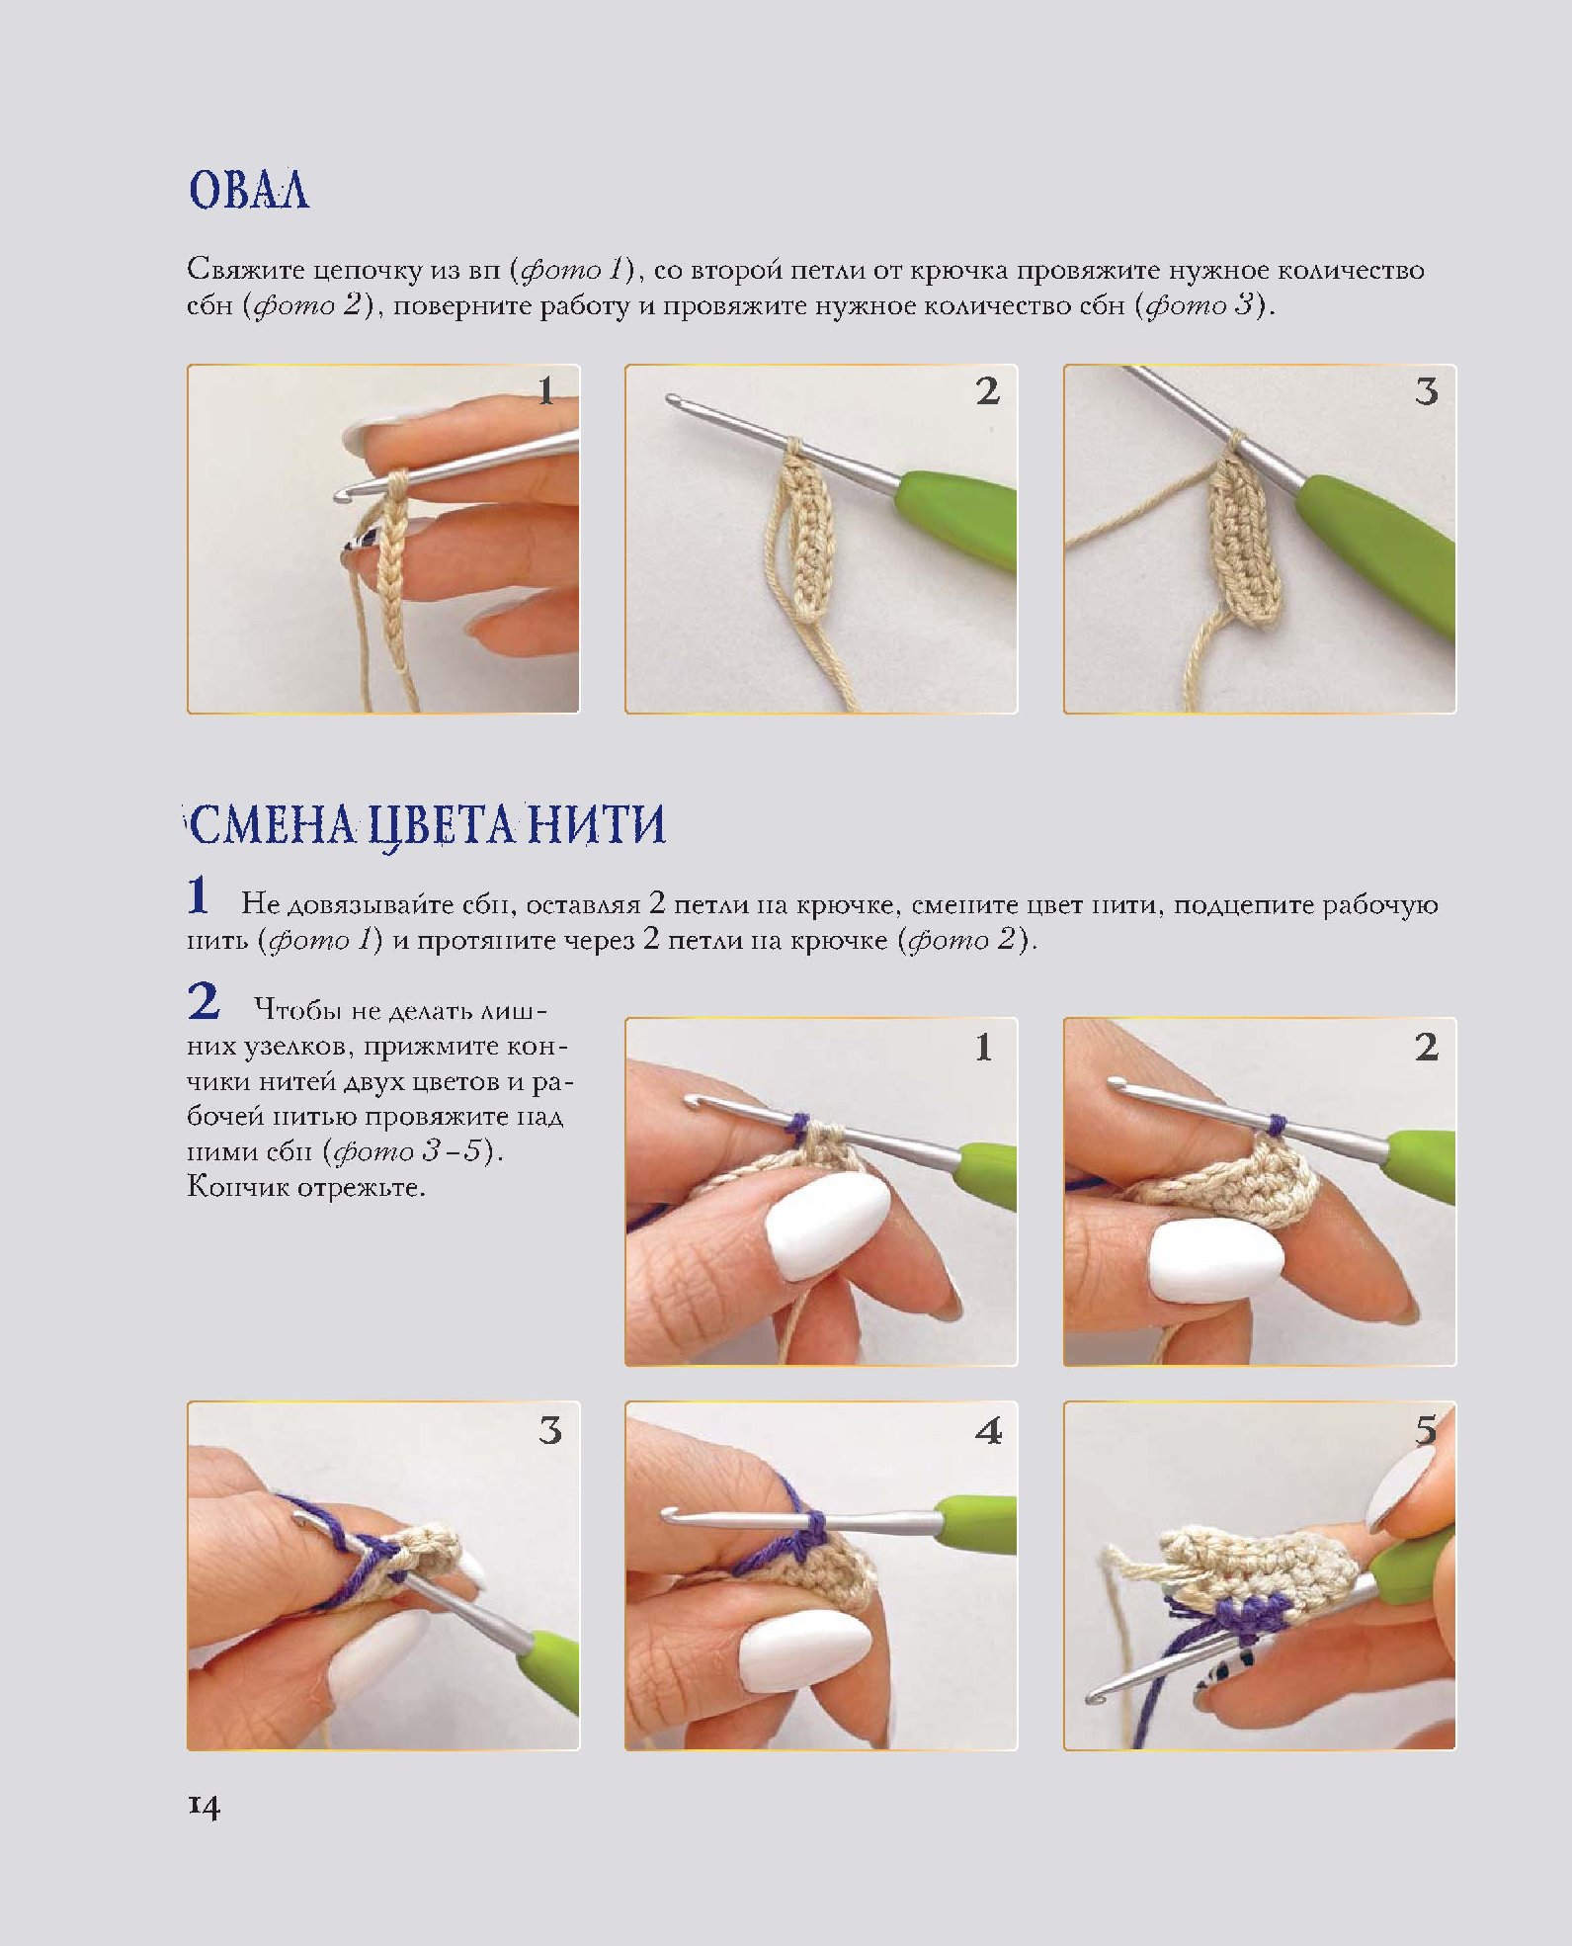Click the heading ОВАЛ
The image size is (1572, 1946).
pyautogui.click(x=249, y=190)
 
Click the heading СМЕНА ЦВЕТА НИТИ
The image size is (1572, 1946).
pyautogui.click(x=427, y=825)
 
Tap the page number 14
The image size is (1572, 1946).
pyautogui.click(x=204, y=1806)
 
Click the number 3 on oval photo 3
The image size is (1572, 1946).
pyautogui.click(x=1426, y=392)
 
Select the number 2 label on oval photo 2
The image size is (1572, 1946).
pyautogui.click(x=987, y=391)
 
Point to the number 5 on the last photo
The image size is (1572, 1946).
pyautogui.click(x=1425, y=1429)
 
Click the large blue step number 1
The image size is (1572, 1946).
pyautogui.click(x=199, y=895)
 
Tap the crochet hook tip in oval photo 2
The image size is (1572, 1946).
pyautogui.click(x=674, y=400)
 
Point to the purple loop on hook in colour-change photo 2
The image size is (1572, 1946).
pyautogui.click(x=1276, y=1125)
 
